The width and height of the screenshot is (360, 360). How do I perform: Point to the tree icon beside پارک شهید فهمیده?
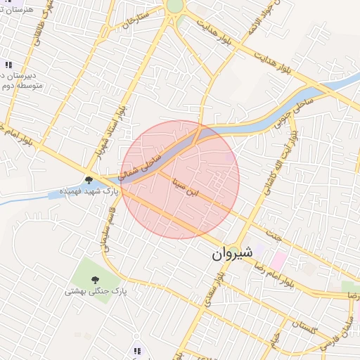click(89, 181)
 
